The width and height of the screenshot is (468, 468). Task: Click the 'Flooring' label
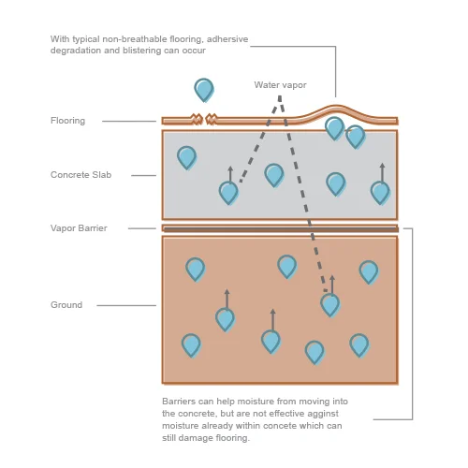67,121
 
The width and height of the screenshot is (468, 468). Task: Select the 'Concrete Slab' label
80,175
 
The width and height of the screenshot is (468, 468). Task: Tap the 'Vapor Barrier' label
79,228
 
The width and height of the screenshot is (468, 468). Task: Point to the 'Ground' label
66,305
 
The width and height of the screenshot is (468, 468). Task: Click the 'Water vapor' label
280,85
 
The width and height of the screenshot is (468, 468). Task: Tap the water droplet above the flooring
204,90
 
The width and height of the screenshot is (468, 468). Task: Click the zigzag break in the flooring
204,119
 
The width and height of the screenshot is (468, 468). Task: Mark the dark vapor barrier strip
281,230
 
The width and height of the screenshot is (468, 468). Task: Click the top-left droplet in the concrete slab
187,158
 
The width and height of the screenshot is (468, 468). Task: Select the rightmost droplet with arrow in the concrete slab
380,184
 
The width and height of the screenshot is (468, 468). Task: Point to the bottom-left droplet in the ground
191,345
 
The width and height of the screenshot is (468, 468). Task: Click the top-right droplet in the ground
369,272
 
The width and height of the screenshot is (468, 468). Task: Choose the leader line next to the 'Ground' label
126,305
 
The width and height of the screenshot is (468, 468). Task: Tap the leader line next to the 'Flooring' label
129,121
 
